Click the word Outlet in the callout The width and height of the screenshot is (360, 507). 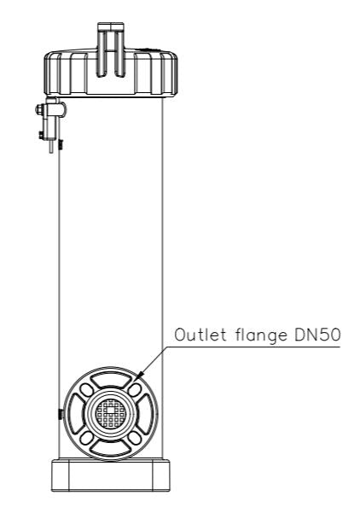200,335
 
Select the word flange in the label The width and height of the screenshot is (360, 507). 261,336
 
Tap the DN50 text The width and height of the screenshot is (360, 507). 317,335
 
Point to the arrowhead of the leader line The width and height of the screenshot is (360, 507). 140,376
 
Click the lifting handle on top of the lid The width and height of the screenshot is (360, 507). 111,50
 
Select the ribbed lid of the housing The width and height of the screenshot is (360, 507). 111,73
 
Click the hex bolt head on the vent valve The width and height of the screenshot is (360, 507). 38,109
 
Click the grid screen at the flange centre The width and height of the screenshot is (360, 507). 111,412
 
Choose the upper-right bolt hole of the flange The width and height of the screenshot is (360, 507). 135,389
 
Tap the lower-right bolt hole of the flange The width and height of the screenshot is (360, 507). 135,438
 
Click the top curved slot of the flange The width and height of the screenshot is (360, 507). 111,377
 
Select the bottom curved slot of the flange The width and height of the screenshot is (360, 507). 111,448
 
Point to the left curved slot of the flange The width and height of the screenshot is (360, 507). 75,413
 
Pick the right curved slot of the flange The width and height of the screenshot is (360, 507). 146,413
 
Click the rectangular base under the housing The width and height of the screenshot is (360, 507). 111,475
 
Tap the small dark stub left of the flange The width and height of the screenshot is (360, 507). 61,414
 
